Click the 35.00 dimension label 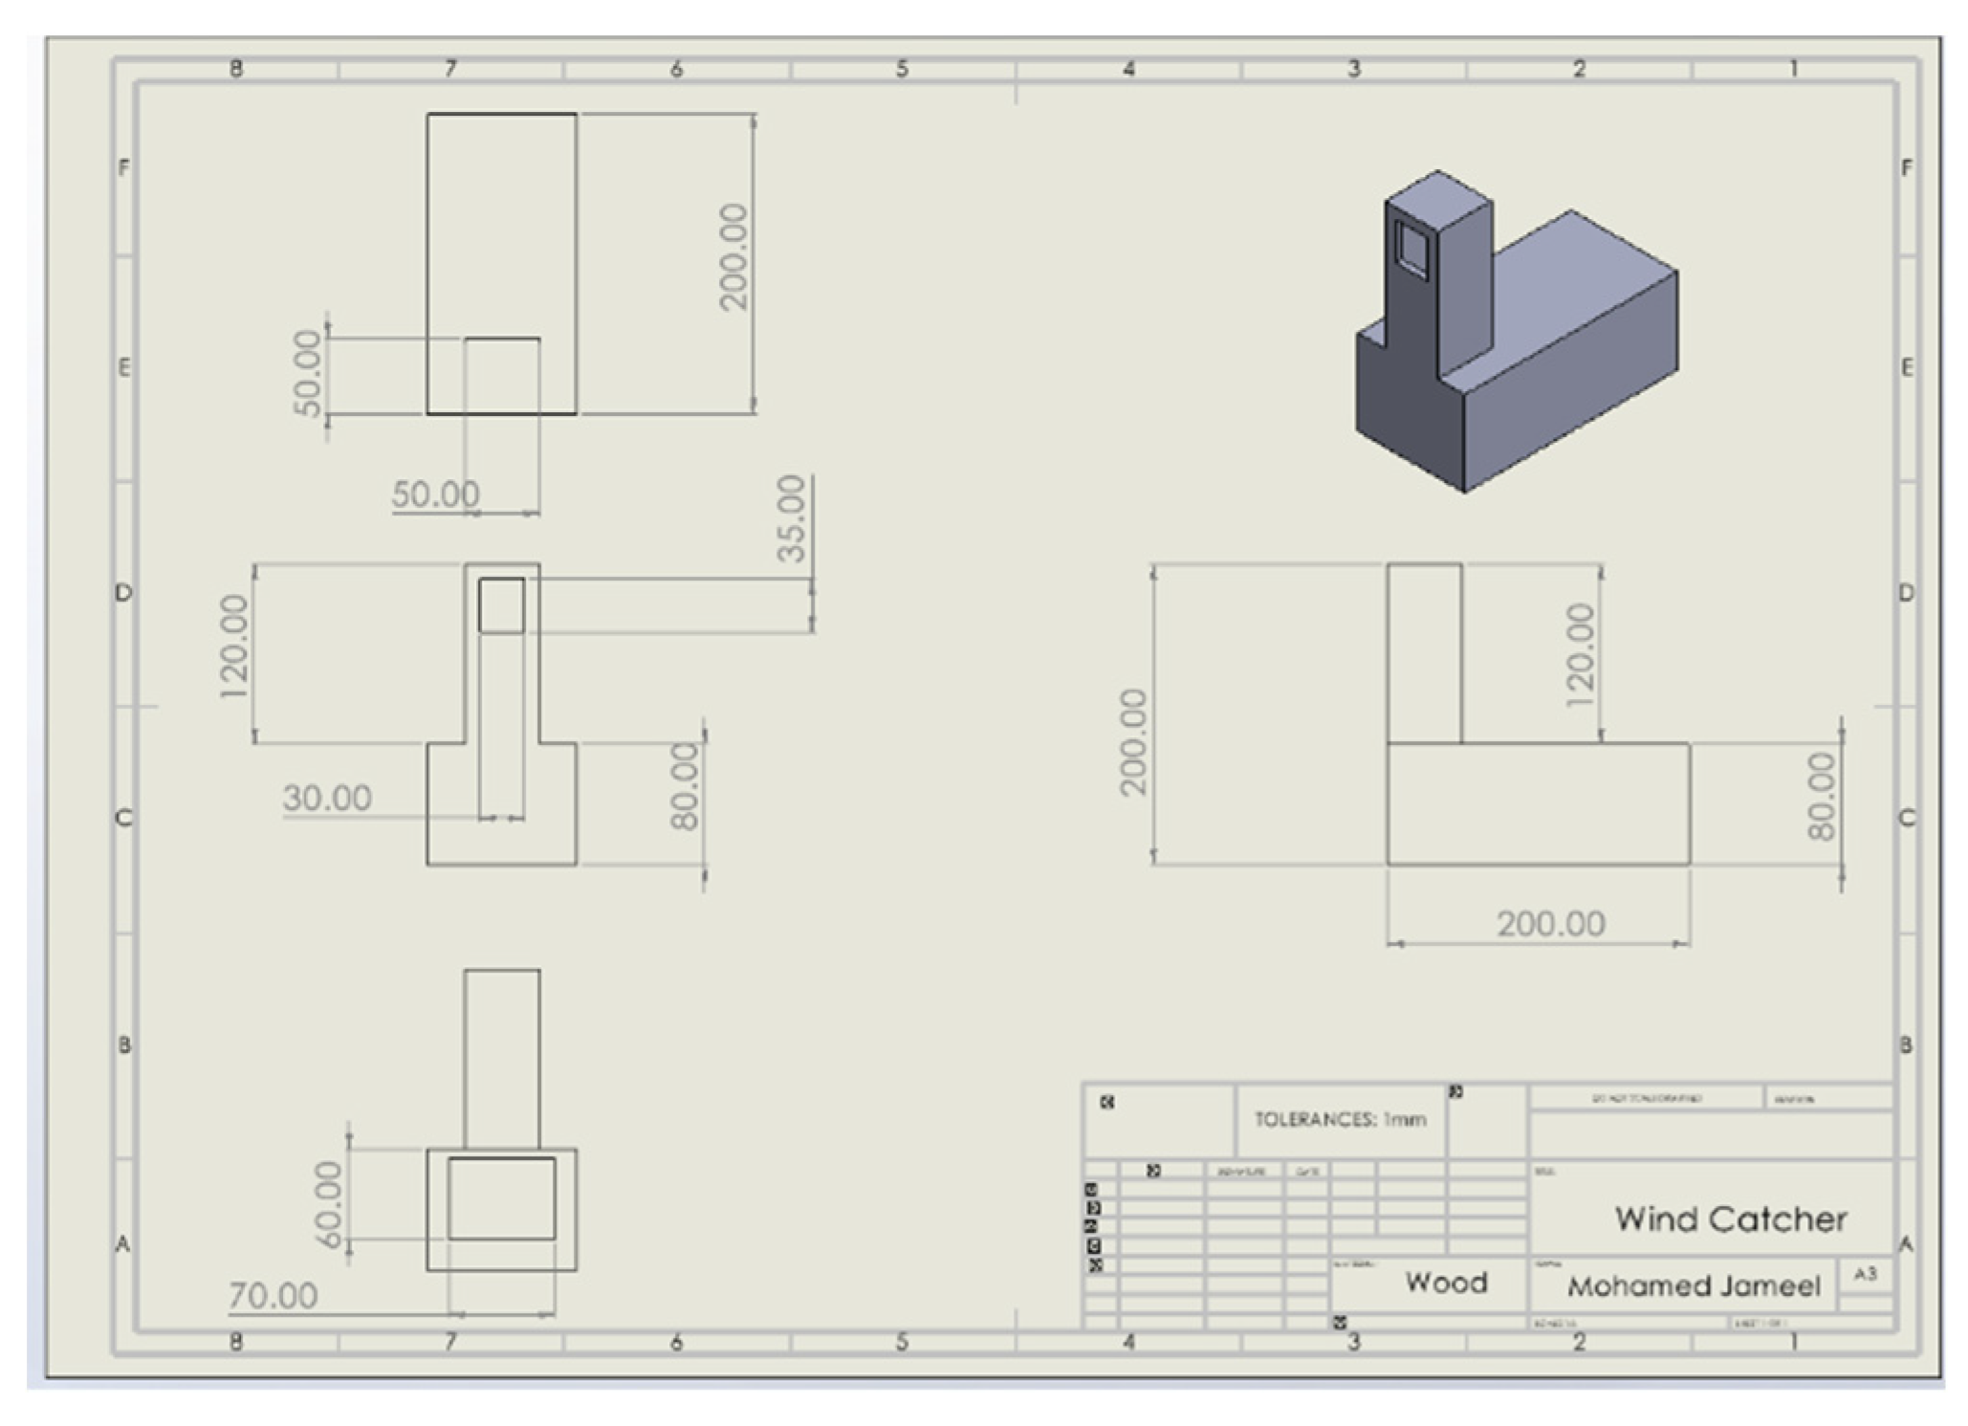[x=792, y=518]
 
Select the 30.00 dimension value [x=327, y=798]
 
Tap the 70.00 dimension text [x=273, y=1296]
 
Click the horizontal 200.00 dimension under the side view [x=1550, y=924]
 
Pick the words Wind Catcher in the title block [x=1731, y=1218]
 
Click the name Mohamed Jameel [x=1694, y=1286]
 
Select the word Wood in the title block [x=1446, y=1283]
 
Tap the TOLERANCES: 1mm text [x=1340, y=1119]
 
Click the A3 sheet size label [x=1865, y=1274]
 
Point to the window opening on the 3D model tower [x=1411, y=247]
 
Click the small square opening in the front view [x=501, y=604]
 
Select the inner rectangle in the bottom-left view [x=501, y=1198]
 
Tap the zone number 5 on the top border [x=902, y=69]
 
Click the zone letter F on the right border [x=1907, y=168]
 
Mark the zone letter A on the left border [x=122, y=1243]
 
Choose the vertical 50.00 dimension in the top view [x=307, y=374]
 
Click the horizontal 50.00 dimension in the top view [x=435, y=494]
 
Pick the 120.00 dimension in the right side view [x=1580, y=654]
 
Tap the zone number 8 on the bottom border [x=236, y=1342]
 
